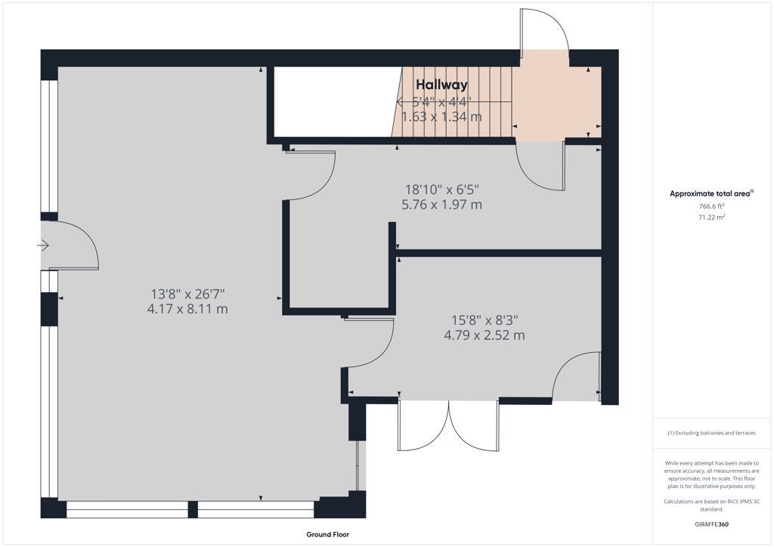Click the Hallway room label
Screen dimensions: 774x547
pos(441,85)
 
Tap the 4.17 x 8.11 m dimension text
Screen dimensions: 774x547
pos(187,309)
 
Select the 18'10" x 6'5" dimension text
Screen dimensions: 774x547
pos(441,190)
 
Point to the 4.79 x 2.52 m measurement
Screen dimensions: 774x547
pos(485,335)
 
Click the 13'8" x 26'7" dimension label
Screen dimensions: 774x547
pos(187,295)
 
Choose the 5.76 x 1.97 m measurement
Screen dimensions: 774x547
pos(441,205)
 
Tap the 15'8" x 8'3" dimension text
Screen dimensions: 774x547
pos(485,320)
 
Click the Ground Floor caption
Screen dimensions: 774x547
pos(328,534)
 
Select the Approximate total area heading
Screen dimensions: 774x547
pos(711,194)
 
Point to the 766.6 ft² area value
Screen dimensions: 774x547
pos(711,206)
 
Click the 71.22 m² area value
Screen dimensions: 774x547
pos(711,217)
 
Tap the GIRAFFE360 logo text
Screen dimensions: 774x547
pos(711,524)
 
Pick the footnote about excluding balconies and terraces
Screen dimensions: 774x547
pos(711,433)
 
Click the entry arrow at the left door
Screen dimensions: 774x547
pos(43,245)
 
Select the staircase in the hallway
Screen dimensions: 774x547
pos(452,101)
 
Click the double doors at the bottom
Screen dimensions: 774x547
pos(449,425)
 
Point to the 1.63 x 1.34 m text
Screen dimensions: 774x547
pos(441,117)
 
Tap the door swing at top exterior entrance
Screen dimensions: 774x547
pos(545,29)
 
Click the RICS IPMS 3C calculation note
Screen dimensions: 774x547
pos(711,505)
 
